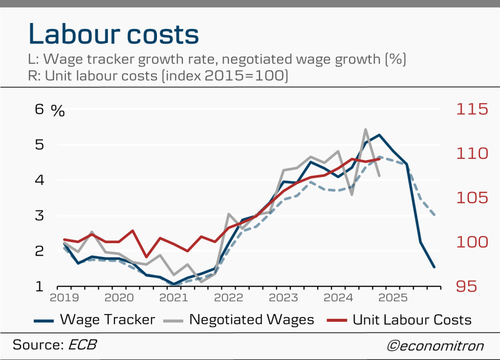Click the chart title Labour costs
point(113,34)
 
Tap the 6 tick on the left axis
point(40,109)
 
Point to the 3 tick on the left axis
point(40,215)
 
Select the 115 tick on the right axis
point(472,109)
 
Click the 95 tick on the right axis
point(472,286)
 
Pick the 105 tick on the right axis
point(472,198)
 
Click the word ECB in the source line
point(82,344)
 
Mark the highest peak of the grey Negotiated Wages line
point(365,130)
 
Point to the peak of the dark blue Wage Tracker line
point(379,135)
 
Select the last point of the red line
point(379,159)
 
